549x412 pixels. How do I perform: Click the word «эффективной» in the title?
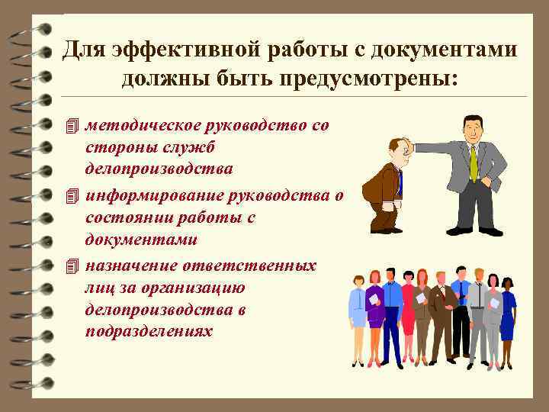[x=178, y=50]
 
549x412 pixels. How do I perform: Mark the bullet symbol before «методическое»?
[x=72, y=125]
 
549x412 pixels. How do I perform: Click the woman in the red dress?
[x=409, y=313]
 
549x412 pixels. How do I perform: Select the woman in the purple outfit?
[x=374, y=313]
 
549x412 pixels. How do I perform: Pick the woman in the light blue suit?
[x=357, y=313]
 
